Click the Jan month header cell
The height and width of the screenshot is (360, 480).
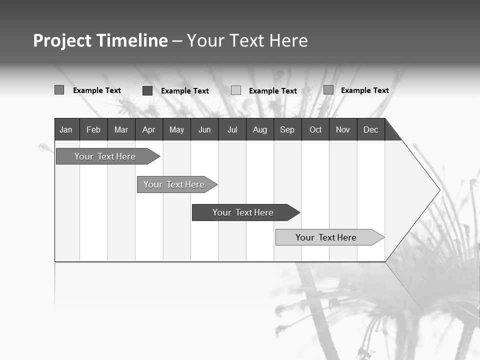coord(66,129)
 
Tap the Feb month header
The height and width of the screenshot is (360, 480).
coord(93,129)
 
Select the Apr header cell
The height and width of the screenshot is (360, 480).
coord(148,129)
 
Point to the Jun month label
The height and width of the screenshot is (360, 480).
coord(204,129)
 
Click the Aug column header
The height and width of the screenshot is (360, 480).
coord(260,129)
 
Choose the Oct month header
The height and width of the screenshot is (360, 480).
coord(315,129)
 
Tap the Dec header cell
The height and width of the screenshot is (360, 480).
coord(371,129)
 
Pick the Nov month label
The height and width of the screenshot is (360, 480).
coord(343,129)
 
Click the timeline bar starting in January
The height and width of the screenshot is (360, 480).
coord(105,156)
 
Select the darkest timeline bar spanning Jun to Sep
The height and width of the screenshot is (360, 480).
coord(243,212)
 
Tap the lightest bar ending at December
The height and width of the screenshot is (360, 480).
coord(326,237)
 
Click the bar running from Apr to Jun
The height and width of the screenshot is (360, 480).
coord(174,184)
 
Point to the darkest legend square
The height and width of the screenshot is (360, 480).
coord(147,90)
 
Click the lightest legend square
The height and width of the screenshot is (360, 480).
coord(236,90)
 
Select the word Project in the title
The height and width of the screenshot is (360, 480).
coord(62,40)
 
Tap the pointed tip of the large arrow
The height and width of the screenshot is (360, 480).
coord(439,190)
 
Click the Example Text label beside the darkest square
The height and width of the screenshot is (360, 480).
coord(185,91)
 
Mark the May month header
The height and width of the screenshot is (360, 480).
coord(176,129)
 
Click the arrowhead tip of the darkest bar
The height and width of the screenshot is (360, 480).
coord(299,212)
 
